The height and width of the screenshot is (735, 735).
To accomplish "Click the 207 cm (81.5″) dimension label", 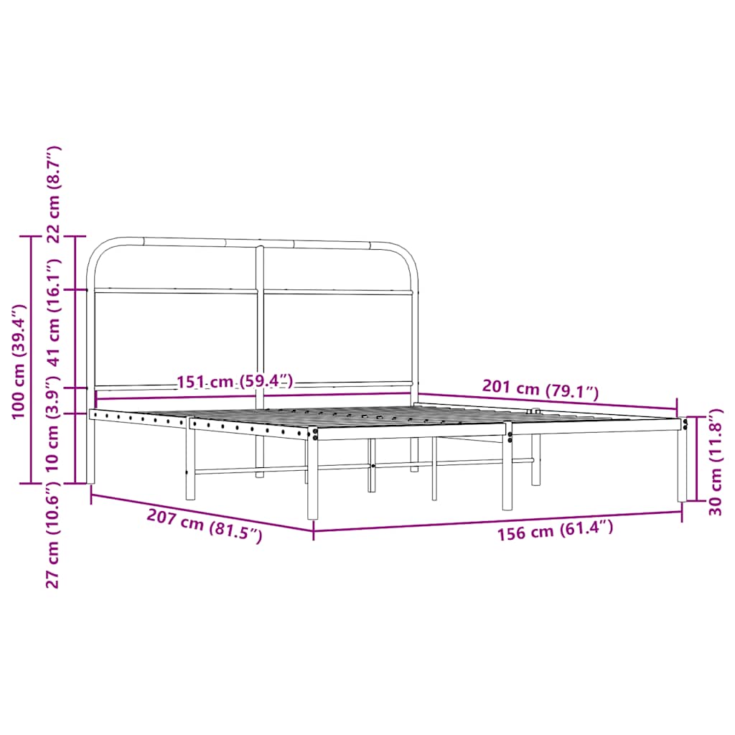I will [x=205, y=525].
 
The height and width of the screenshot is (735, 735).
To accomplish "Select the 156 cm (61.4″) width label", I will [x=555, y=530].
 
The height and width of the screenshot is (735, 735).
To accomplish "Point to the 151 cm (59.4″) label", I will [x=235, y=381].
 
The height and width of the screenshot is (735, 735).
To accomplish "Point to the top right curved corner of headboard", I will [x=406, y=254].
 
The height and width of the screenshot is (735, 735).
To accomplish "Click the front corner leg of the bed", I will [x=313, y=481].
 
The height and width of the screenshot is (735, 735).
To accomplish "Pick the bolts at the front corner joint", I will [x=315, y=433].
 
